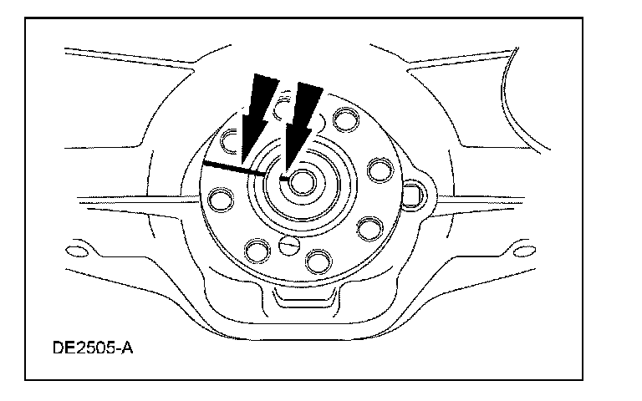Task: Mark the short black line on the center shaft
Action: (286, 178)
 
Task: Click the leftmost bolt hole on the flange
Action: (222, 200)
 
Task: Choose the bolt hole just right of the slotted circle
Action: (317, 261)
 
